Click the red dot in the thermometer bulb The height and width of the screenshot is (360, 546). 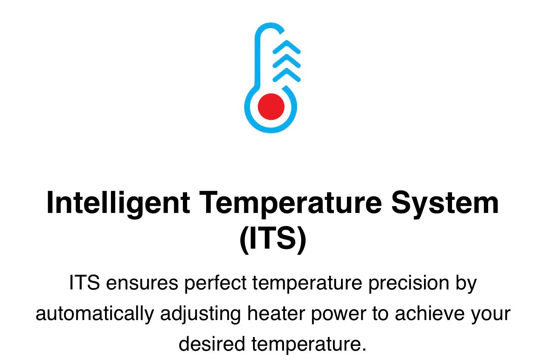(271, 106)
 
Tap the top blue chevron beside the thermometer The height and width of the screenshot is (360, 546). (287, 46)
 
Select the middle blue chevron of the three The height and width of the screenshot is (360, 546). (287, 61)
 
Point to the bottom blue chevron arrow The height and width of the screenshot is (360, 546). (287, 75)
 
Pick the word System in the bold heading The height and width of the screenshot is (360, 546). (445, 204)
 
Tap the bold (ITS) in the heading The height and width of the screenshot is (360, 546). (273, 240)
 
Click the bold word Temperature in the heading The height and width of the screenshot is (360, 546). (290, 204)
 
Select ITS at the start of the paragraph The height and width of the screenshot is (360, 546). (85, 283)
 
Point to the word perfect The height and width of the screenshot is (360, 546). (216, 283)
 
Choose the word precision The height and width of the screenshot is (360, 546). (409, 283)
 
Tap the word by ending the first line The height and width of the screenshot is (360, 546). (466, 283)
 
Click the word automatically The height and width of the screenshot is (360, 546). (95, 314)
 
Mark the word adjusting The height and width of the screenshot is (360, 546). (200, 314)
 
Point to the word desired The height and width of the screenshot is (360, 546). (212, 343)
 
